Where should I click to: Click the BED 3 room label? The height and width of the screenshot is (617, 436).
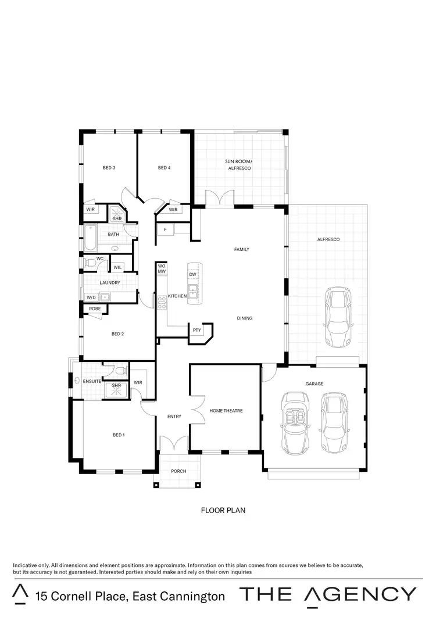tap(109, 168)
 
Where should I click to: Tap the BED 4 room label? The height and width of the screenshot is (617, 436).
tap(164, 168)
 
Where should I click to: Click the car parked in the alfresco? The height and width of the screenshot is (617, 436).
tap(337, 316)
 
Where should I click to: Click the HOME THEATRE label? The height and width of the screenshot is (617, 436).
tap(226, 411)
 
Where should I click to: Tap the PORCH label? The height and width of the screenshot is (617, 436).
tap(178, 471)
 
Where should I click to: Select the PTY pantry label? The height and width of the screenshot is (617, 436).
tap(197, 330)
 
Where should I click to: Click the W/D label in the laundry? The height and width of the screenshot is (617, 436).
tap(91, 297)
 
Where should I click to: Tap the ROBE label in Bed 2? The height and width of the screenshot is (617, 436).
tap(94, 308)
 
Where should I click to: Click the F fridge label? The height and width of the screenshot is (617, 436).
tap(165, 230)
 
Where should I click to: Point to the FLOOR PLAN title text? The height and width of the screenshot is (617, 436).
tap(223, 511)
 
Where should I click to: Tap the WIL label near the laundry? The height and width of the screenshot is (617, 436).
tap(117, 267)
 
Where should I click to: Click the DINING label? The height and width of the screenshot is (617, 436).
tap(245, 318)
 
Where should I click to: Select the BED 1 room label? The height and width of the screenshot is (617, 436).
tap(119, 435)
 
